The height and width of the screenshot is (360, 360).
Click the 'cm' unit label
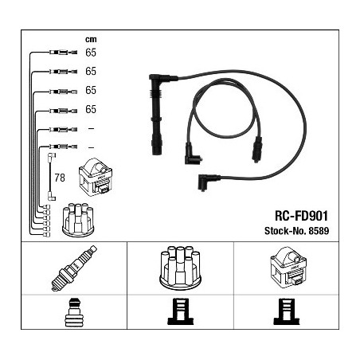91,40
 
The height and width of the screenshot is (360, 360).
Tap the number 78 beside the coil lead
60,178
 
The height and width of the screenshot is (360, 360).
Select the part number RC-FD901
301,216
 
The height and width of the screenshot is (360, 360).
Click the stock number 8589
319,231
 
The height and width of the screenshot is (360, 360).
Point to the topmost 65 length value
91,53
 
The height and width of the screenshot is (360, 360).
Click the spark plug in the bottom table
74,268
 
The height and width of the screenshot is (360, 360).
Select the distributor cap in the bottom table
180,268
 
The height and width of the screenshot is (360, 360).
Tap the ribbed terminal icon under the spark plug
74,313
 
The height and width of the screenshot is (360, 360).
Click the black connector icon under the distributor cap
181,311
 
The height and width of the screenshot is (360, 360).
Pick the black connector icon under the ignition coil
287,311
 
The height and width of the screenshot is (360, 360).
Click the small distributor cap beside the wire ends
78,220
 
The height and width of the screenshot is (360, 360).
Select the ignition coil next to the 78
96,177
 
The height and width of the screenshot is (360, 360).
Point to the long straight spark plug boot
157,114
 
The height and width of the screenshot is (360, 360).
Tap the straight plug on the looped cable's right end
257,149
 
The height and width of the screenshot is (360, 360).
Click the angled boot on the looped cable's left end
193,155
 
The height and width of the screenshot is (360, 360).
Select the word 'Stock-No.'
285,231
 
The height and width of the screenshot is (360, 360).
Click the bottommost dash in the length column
91,147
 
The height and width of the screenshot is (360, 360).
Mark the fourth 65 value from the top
91,109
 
